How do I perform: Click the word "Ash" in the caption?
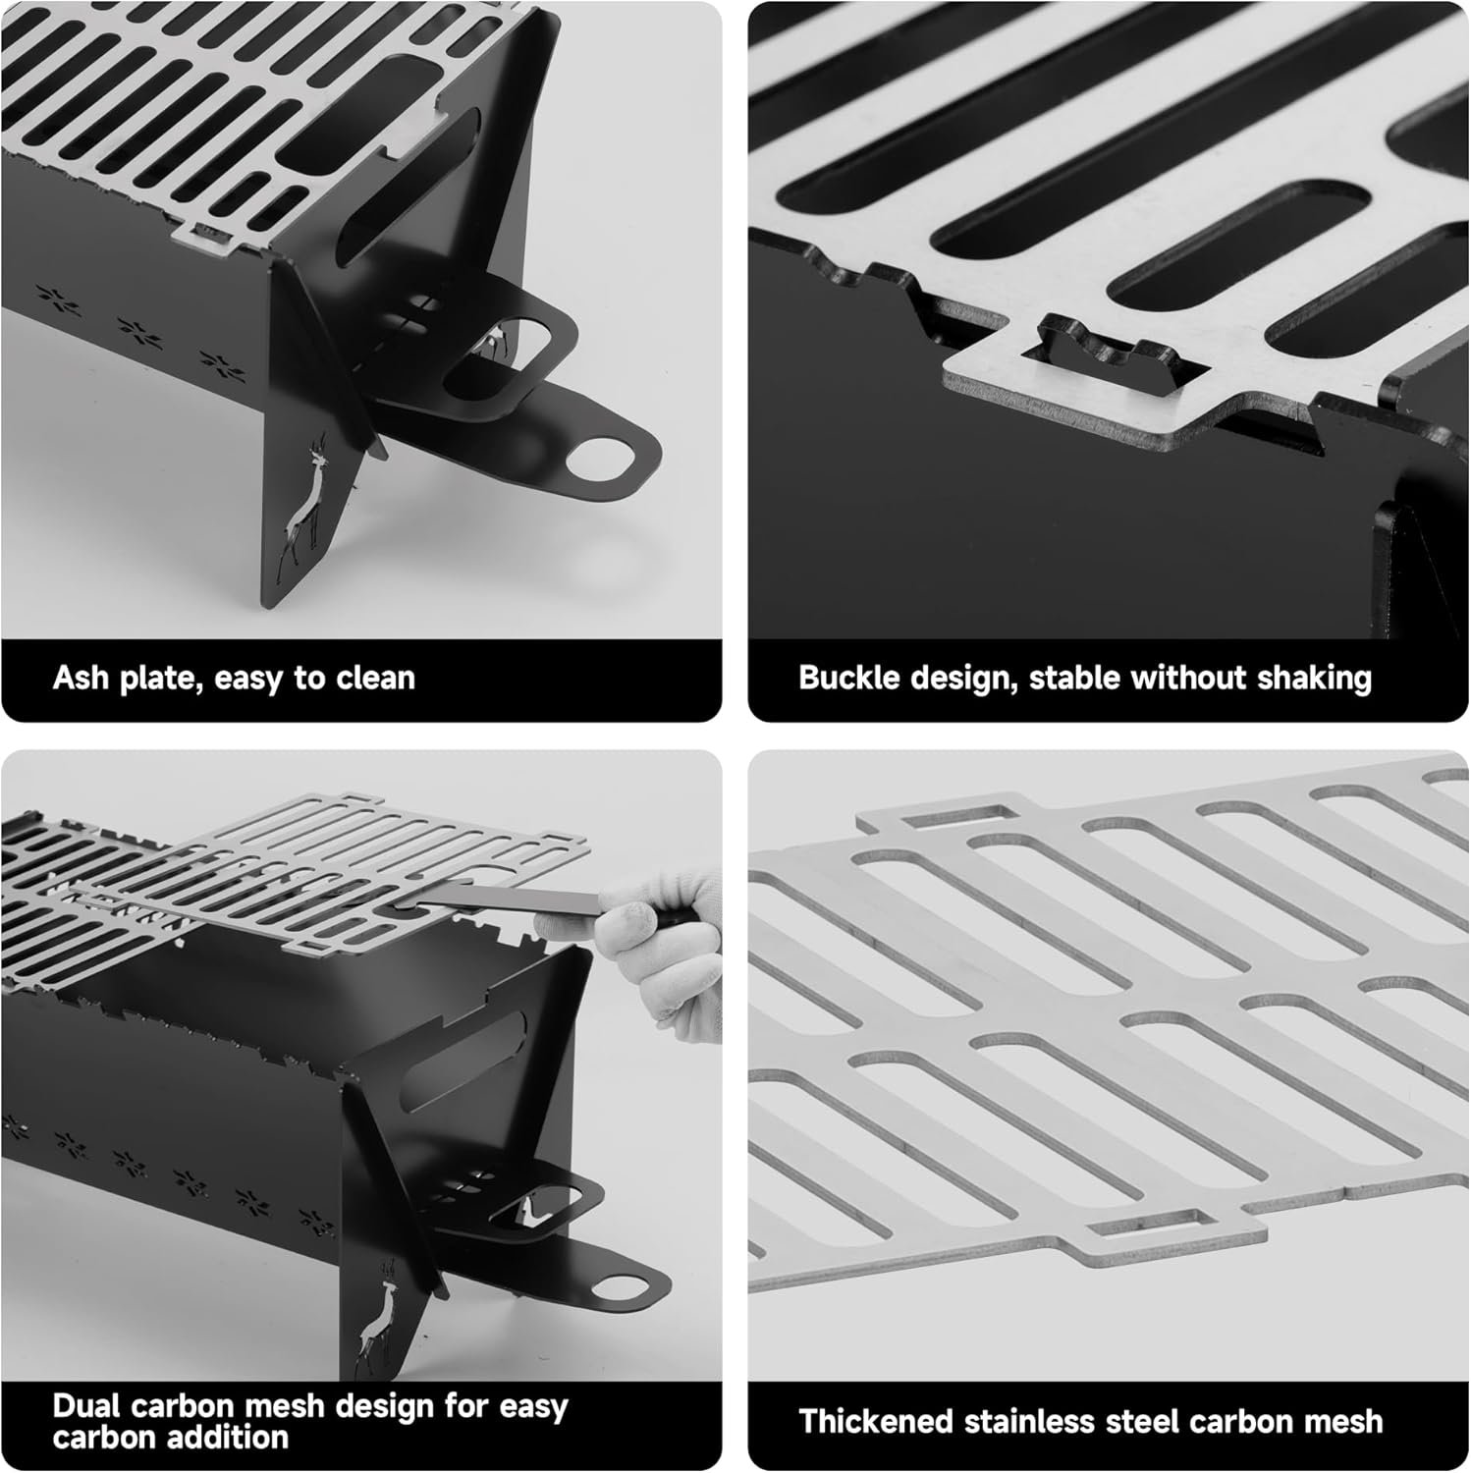82,678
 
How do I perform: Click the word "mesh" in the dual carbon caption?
294,1406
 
